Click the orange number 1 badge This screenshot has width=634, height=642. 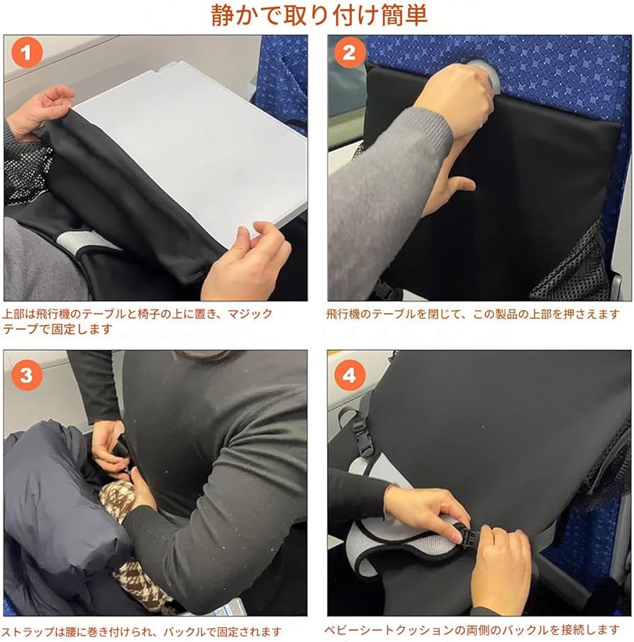[27, 53]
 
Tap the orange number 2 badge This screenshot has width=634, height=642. [350, 53]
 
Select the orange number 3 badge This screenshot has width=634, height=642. [27, 376]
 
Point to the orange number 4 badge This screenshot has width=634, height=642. [350, 376]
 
